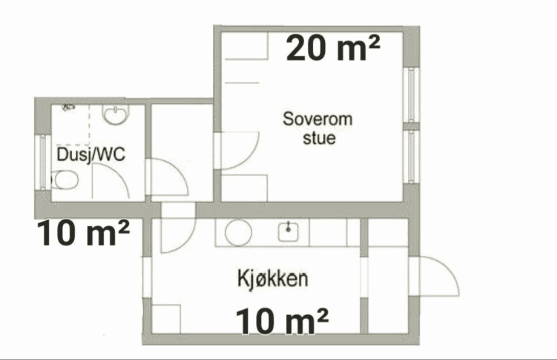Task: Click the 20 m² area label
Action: click(x=333, y=47)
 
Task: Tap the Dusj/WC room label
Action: click(x=91, y=154)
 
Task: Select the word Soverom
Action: click(x=318, y=119)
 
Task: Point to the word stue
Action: click(x=319, y=138)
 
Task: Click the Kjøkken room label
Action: click(x=272, y=279)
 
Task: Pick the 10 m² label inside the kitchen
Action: click(x=282, y=321)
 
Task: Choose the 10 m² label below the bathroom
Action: click(x=83, y=233)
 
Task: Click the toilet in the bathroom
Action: click(x=65, y=179)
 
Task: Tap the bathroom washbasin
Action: click(x=116, y=114)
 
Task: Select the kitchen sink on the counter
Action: click(x=288, y=231)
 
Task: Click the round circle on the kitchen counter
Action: click(x=238, y=233)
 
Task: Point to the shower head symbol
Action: click(x=68, y=106)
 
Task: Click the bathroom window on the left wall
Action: click(x=43, y=162)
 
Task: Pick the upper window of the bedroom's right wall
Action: click(x=411, y=95)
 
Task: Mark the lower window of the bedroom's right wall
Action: click(x=411, y=157)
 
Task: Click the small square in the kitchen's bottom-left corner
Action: click(x=166, y=319)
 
